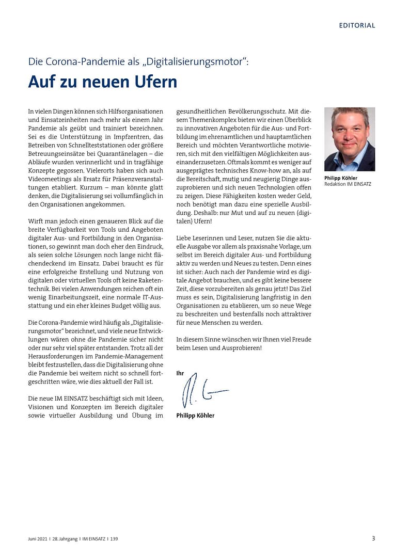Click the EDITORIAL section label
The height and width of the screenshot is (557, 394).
tap(357, 25)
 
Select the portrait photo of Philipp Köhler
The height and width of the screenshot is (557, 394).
tap(350, 139)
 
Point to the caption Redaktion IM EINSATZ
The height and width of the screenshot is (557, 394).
tap(348, 184)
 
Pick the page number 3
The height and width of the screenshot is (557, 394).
tap(373, 538)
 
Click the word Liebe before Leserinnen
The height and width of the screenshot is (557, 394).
tap(184, 238)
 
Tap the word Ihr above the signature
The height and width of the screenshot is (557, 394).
tap(180, 373)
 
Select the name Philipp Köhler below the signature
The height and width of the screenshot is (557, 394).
tap(195, 416)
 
